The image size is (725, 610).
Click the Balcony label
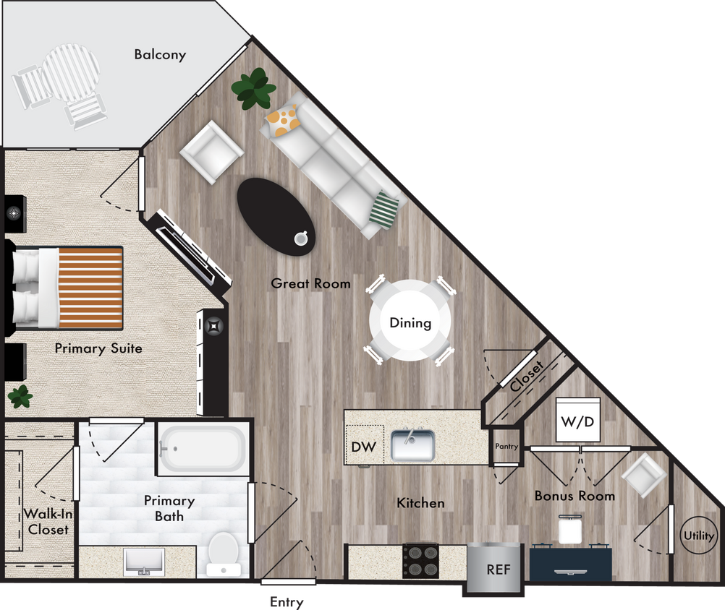[x=160, y=54]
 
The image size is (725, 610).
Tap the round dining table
[x=410, y=322]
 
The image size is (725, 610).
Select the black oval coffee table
[x=276, y=216]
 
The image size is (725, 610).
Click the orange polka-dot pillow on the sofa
[x=282, y=119]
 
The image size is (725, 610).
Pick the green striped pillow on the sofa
[x=385, y=209]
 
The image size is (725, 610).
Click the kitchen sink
[x=412, y=445]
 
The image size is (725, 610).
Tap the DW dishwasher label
[x=363, y=447]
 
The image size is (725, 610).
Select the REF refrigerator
[x=498, y=569]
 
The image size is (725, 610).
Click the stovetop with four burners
[x=422, y=560]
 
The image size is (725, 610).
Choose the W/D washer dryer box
[x=577, y=420]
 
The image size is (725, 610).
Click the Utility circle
[x=698, y=536]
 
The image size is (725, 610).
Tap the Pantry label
[x=506, y=447]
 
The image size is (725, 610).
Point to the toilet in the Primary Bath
[x=222, y=554]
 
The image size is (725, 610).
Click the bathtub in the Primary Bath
[x=203, y=448]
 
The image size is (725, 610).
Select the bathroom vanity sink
[x=144, y=562]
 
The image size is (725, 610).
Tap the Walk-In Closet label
[x=47, y=522]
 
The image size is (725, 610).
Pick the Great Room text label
[x=310, y=283]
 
